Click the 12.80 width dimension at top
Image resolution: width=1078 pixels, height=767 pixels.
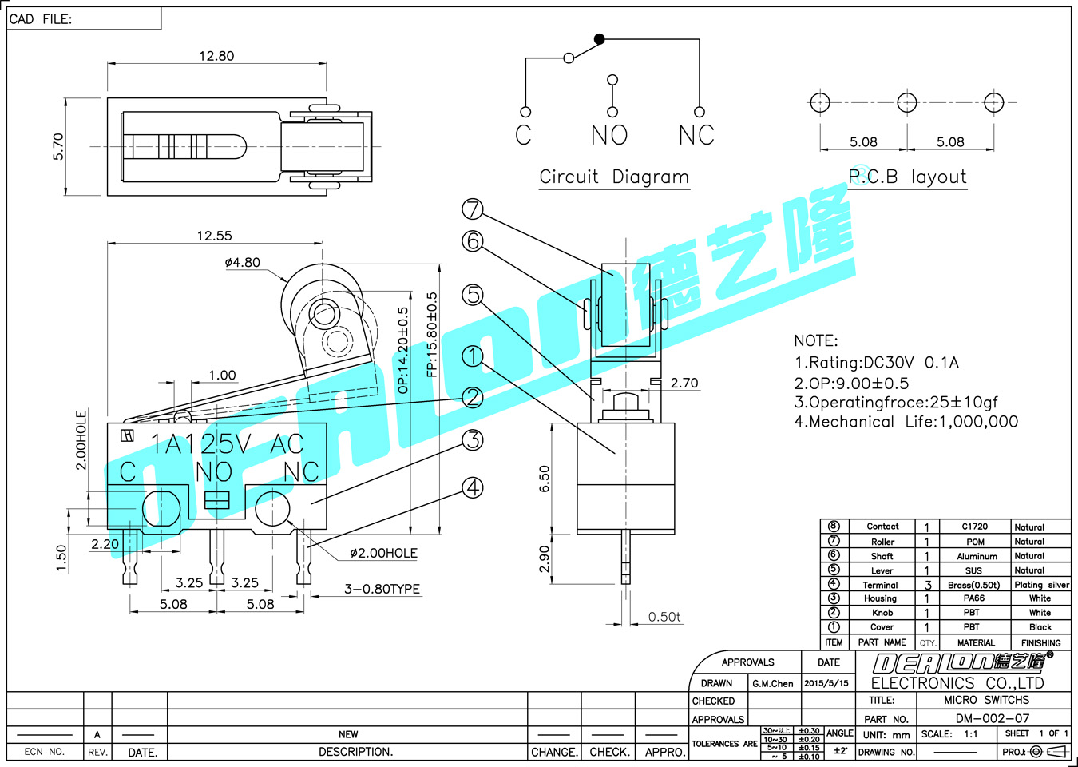pos(216,56)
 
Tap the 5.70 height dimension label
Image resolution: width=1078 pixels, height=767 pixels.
pos(58,146)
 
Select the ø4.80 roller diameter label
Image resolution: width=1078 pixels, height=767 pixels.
pos(242,262)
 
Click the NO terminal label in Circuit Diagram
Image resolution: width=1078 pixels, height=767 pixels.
pos(609,135)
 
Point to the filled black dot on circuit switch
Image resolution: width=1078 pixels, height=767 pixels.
pos(600,38)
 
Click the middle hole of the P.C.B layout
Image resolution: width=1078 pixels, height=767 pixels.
pos(907,102)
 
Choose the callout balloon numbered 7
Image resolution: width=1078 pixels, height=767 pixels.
pos(473,209)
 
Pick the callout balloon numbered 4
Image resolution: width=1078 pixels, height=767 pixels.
pos(473,487)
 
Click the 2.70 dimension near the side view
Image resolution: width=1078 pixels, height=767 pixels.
pos(684,383)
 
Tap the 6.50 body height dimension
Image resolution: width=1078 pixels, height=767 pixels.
pos(545,478)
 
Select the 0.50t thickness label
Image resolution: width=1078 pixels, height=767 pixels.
pos(664,617)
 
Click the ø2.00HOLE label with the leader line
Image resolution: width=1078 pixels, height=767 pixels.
pos(383,553)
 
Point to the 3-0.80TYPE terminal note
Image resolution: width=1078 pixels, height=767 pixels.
pos(382,589)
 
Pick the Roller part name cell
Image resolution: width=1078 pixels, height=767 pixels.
pos(882,542)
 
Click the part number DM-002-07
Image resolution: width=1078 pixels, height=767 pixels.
pos(993,718)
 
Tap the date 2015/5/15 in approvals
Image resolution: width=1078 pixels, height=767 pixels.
pos(826,683)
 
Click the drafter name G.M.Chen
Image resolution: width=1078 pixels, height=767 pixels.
pos(772,683)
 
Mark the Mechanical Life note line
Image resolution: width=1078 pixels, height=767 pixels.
pos(906,422)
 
